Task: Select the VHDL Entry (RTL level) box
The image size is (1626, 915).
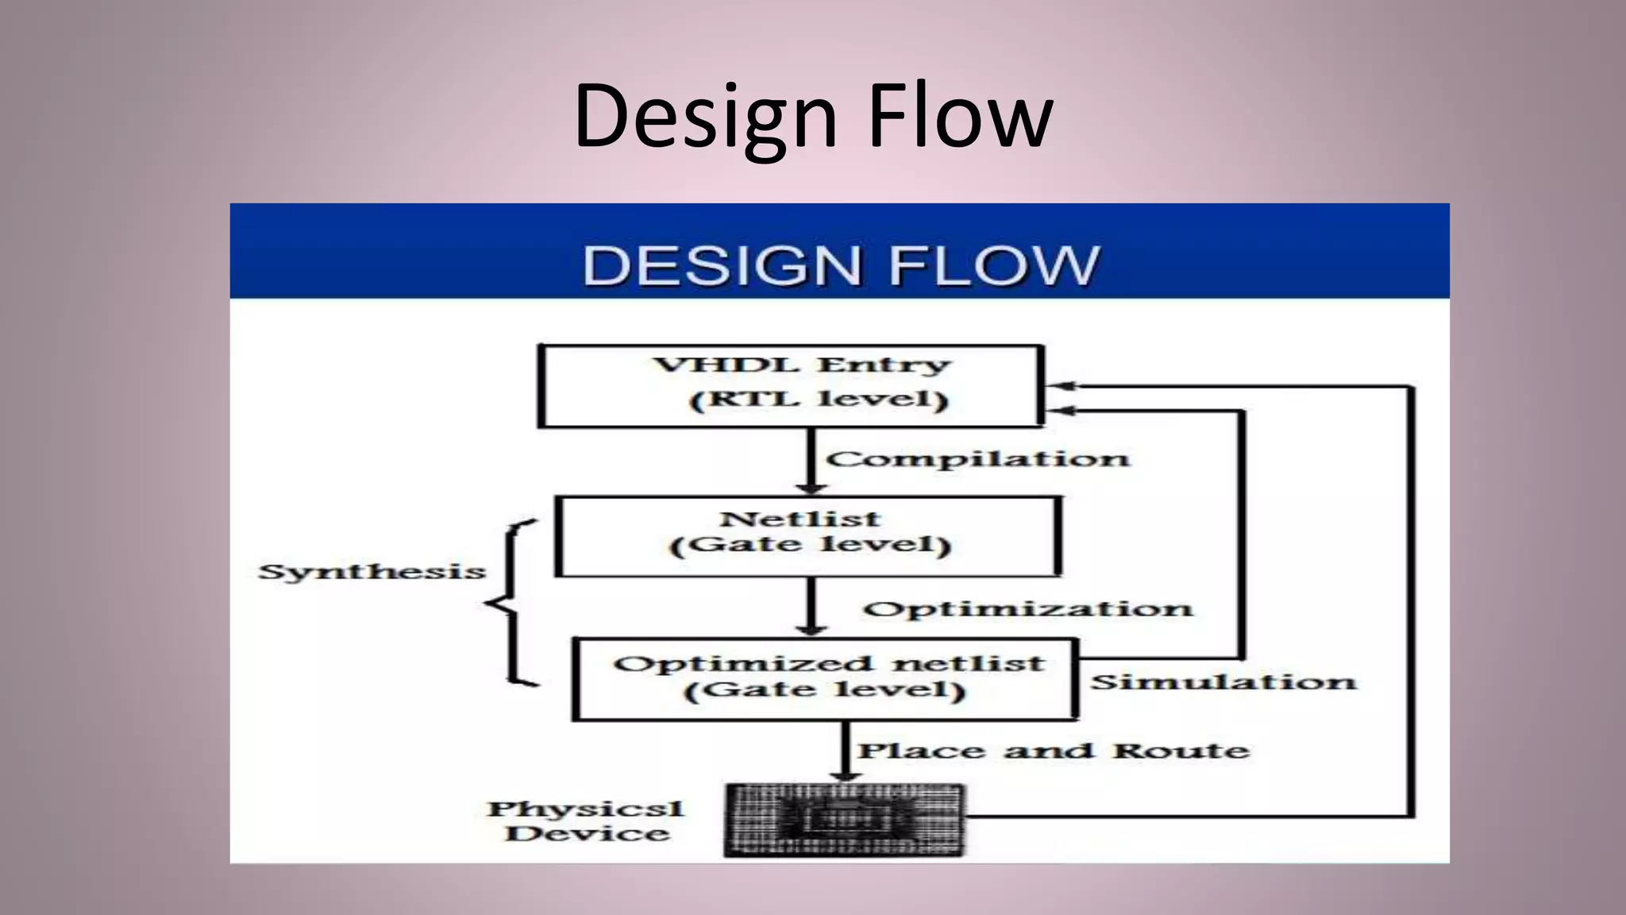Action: pyautogui.click(x=790, y=386)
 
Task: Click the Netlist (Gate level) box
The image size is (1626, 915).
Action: pyautogui.click(x=807, y=536)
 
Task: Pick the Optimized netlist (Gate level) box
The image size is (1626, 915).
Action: pyautogui.click(x=825, y=679)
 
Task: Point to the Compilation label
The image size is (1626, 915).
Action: pyautogui.click(x=977, y=459)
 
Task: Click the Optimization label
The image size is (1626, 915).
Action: pyautogui.click(x=1027, y=609)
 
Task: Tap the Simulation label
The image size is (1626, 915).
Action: pyautogui.click(x=1223, y=682)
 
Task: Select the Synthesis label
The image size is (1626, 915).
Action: pyautogui.click(x=372, y=572)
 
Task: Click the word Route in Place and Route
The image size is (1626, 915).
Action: pyautogui.click(x=1181, y=751)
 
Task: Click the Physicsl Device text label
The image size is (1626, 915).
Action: pyautogui.click(x=586, y=821)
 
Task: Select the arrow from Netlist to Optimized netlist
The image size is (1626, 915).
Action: pyautogui.click(x=811, y=607)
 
